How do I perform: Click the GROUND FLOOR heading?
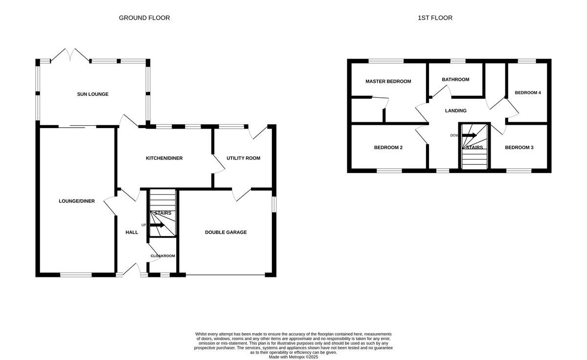click(x=144, y=18)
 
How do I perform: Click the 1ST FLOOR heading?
click(x=435, y=18)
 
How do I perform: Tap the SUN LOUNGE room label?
click(x=92, y=94)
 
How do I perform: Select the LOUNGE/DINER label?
click(x=76, y=201)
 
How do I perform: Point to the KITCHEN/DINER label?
click(x=164, y=158)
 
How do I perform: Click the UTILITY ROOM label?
click(x=243, y=158)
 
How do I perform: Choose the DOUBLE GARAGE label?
click(x=226, y=232)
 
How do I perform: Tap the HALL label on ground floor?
click(x=132, y=232)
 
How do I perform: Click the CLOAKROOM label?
click(x=162, y=256)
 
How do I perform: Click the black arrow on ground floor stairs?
click(x=158, y=225)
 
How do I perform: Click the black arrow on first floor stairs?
click(x=469, y=135)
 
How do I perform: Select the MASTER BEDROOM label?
click(x=388, y=81)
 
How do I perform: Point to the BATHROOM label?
click(x=455, y=80)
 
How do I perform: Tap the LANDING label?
click(x=455, y=111)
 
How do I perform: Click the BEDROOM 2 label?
click(x=388, y=148)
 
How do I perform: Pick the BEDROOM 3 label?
click(x=519, y=148)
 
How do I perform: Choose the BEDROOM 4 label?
click(x=527, y=92)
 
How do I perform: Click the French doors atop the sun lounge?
click(x=70, y=55)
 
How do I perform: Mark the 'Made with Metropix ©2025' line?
click(x=293, y=357)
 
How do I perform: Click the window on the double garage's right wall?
click(x=274, y=204)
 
